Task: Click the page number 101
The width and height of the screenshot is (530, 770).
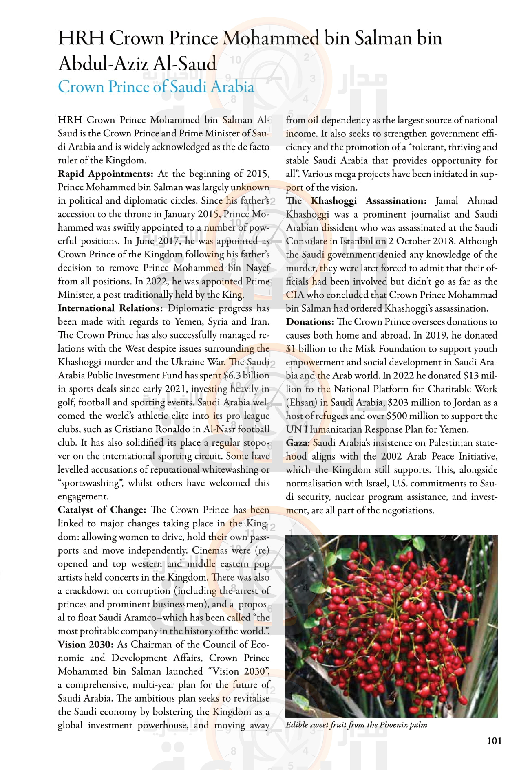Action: [x=494, y=741]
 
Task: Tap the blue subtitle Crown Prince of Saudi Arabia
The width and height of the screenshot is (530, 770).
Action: [x=156, y=87]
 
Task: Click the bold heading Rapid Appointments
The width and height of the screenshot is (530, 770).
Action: [x=105, y=174]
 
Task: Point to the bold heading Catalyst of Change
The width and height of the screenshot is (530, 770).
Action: [x=102, y=510]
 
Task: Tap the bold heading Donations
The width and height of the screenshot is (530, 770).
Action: [x=310, y=322]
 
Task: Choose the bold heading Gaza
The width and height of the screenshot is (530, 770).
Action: [x=298, y=443]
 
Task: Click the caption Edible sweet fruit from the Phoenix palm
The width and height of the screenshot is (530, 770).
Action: [x=356, y=725]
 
